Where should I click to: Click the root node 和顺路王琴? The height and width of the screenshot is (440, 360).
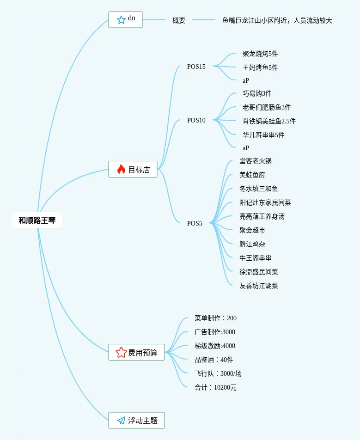37,220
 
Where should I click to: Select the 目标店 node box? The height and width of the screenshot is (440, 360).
133,169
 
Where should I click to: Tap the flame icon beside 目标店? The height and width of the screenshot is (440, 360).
121,169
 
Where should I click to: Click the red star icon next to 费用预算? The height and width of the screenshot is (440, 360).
121,352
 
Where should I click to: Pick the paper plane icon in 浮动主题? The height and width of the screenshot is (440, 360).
121,421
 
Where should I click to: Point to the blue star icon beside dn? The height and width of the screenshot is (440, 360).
121,19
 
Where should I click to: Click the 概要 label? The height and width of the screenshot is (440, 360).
179,20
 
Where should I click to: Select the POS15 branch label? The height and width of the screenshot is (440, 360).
196,67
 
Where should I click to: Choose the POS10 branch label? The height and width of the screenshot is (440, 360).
196,120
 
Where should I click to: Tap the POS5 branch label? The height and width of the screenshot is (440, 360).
195,223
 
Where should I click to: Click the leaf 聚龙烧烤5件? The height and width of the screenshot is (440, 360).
260,54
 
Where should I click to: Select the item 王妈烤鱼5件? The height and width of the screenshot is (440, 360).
260,67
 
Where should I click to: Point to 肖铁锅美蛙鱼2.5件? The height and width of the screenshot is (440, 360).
269,121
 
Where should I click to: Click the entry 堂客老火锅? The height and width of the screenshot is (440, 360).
256,161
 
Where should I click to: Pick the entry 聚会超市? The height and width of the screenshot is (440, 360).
252,230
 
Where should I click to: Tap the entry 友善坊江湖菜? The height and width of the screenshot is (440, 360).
259,286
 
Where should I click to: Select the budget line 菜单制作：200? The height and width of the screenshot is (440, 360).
215,318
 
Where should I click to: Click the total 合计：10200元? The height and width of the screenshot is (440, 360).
215,387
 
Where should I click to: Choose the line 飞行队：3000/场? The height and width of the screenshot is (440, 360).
218,373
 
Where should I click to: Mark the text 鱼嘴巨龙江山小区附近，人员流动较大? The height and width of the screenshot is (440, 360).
277,20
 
